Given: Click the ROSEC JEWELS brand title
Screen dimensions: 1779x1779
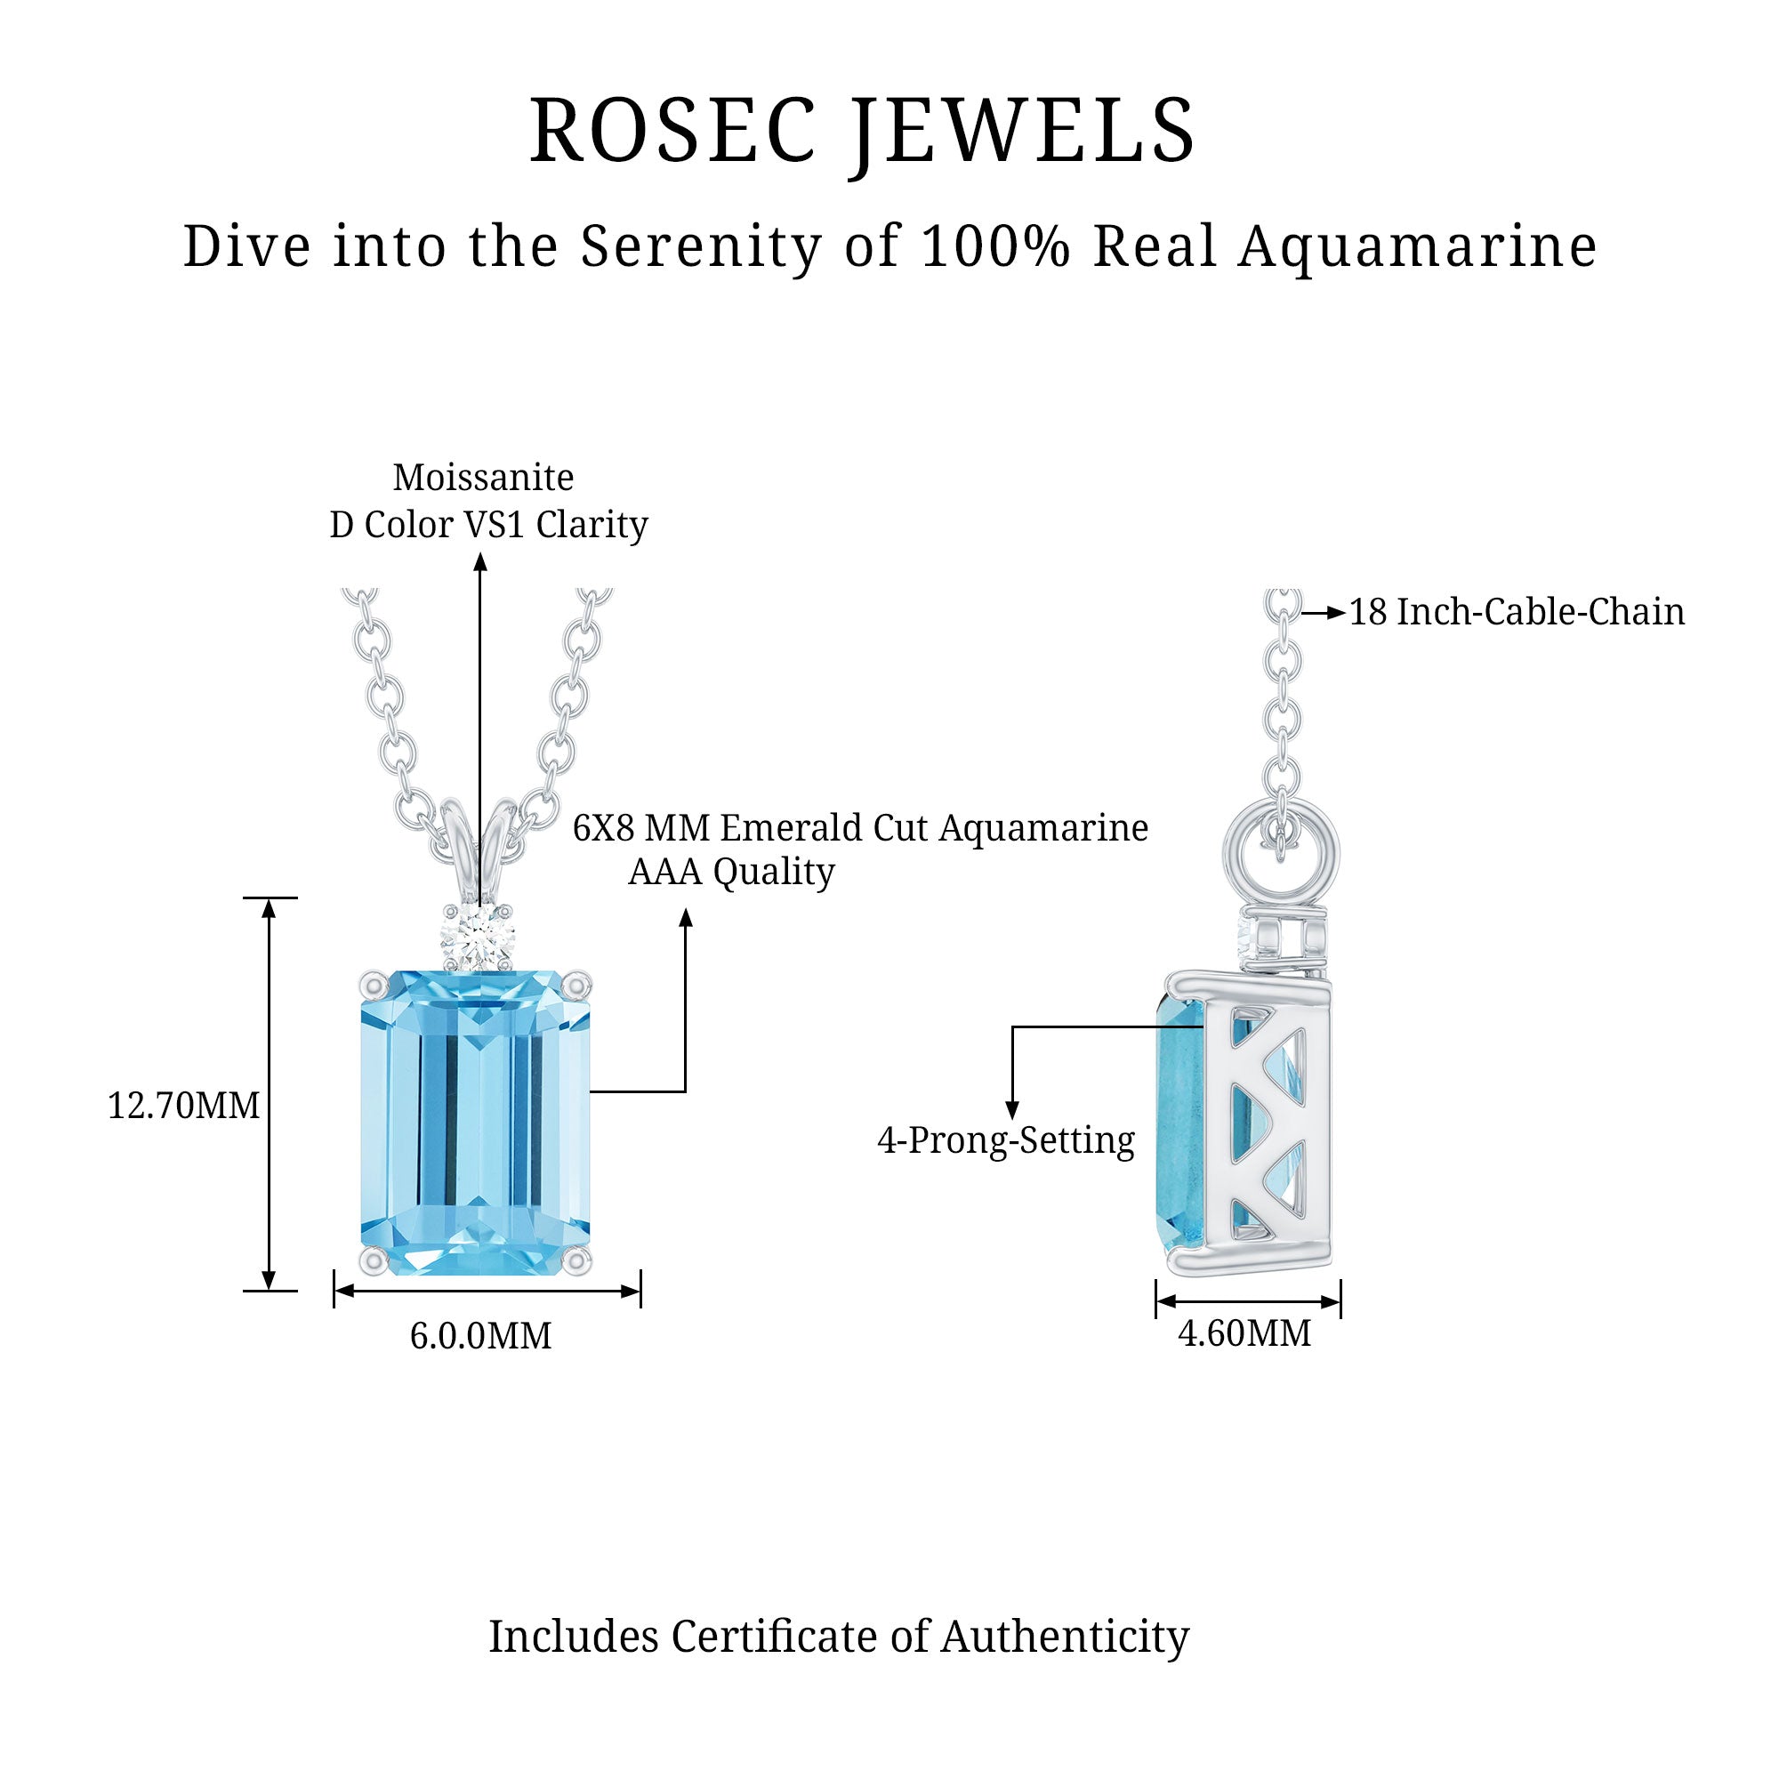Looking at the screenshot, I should [862, 132].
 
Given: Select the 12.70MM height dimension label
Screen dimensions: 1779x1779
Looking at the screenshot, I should [183, 1105].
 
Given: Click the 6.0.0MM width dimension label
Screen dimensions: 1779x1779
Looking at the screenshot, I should [480, 1336].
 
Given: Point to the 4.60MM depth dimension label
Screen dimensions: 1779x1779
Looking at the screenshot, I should [1244, 1333].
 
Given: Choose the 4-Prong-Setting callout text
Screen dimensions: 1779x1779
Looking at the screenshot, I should [1005, 1141].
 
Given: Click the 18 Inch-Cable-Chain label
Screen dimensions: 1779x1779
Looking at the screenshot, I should [1517, 612].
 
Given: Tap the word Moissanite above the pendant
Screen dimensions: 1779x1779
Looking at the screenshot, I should [483, 478].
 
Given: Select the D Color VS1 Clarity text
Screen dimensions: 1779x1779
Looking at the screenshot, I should [489, 525].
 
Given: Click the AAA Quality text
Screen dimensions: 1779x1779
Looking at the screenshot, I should [731, 871].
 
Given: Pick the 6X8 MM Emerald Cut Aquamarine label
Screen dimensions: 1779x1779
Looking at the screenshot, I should [860, 828].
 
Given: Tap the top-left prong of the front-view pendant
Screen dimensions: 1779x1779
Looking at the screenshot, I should [374, 984].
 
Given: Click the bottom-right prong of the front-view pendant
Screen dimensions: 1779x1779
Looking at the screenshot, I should [577, 1260].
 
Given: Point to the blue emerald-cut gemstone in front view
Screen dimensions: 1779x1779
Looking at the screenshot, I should [475, 1123].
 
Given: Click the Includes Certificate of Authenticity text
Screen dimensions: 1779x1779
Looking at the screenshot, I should [838, 1637].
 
